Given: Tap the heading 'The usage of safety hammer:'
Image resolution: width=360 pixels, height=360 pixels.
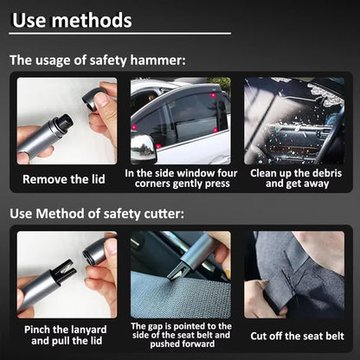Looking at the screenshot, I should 97,61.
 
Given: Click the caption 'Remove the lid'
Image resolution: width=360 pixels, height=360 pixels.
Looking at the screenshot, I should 66,179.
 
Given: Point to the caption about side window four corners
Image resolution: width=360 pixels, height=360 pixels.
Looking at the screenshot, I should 179,178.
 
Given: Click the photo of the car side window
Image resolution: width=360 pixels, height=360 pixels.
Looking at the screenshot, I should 179,121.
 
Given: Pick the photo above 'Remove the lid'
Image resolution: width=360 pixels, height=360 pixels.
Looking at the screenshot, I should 66,121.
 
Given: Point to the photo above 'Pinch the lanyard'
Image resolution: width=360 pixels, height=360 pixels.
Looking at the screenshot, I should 66,273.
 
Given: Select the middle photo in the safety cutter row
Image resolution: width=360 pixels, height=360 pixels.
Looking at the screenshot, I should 179,273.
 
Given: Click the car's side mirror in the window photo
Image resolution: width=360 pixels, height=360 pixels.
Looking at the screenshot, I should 144,147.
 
